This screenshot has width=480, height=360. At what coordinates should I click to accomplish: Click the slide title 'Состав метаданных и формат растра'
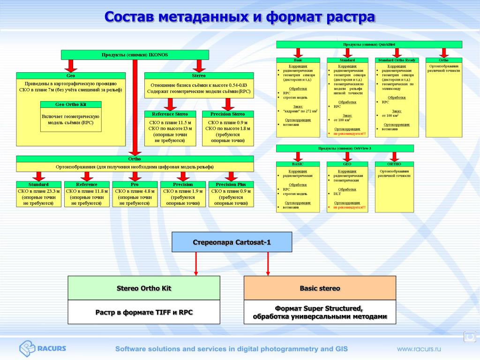pos(240,17)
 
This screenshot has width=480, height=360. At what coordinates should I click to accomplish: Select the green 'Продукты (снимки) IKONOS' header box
pos(135,55)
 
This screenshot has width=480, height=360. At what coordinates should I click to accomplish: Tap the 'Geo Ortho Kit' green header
pos(70,105)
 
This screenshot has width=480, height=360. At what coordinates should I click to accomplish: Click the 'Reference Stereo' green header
pos(170,114)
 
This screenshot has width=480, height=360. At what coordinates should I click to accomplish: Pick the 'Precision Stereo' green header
pos(228,114)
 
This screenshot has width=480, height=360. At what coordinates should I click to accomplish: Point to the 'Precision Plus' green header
pos(231,184)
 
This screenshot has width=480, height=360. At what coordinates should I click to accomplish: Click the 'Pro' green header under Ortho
pos(135,184)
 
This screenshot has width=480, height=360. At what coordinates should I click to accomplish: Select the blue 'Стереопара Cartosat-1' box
pos(232,242)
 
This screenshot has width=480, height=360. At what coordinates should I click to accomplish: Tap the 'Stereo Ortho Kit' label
pos(144,288)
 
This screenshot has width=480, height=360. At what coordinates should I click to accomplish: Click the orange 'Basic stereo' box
pos(320,288)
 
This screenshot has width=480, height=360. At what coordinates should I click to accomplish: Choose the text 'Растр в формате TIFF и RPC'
pos(144,312)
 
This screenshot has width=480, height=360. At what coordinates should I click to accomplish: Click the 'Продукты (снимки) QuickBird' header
pos(369,45)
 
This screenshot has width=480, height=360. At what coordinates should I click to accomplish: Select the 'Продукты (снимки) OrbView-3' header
pos(345,149)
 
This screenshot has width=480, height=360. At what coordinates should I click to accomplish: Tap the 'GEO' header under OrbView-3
pos(347,164)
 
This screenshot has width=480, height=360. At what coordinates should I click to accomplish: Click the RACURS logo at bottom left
pos(42,348)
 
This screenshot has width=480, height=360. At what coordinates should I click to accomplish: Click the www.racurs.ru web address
pos(419,349)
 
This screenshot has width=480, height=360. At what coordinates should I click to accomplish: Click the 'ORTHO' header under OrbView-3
pos(394,164)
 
